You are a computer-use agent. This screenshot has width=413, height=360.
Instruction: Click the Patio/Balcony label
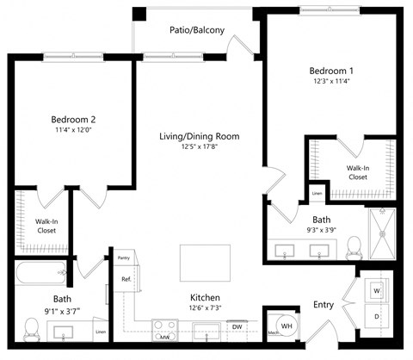(197, 30)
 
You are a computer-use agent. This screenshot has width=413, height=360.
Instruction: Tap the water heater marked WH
(287, 326)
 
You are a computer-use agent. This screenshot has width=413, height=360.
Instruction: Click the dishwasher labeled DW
(236, 326)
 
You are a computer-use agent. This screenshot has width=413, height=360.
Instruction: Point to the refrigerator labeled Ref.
(126, 279)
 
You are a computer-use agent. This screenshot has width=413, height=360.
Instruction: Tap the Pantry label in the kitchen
(124, 257)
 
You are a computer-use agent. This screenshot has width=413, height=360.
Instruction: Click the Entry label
(324, 305)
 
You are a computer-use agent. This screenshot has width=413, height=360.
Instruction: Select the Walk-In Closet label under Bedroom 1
(357, 172)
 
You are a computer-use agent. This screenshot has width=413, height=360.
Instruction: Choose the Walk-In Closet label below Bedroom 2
(46, 226)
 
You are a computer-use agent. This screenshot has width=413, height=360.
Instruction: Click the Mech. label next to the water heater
(272, 332)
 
